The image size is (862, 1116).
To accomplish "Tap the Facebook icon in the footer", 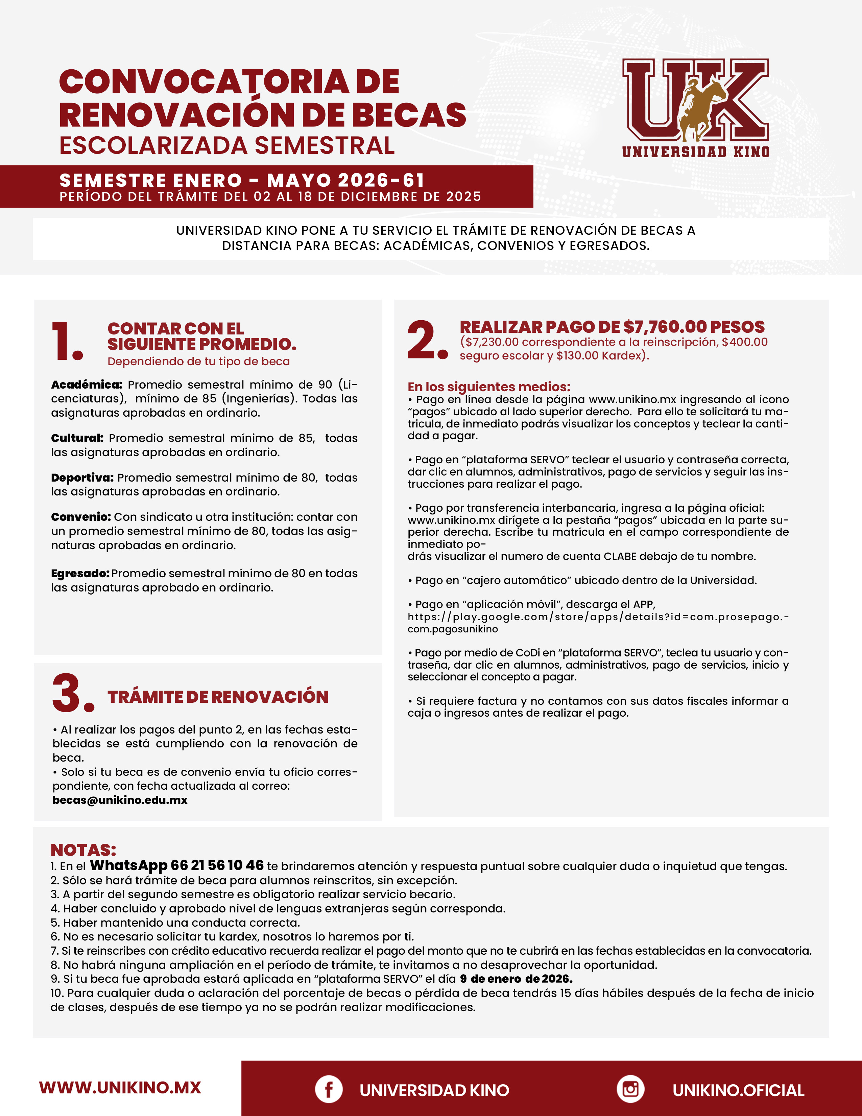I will [x=328, y=1089].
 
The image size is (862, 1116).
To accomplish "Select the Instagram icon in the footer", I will [x=630, y=1089].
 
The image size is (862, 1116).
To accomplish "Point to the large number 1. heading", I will [x=67, y=341].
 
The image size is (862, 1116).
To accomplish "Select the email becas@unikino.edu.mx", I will [x=120, y=800].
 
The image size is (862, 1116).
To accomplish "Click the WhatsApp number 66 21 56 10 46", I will [x=217, y=865].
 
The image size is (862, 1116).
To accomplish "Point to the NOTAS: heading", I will [x=83, y=850].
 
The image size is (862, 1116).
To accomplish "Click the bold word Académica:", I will [x=86, y=384].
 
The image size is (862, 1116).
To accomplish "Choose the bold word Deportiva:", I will [x=82, y=477].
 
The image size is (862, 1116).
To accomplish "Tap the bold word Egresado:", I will [x=80, y=573].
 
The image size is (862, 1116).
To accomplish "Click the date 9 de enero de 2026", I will [x=516, y=979].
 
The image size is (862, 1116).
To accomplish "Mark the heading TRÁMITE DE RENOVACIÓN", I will [x=218, y=696].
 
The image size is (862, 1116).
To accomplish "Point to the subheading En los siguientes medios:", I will [x=489, y=387].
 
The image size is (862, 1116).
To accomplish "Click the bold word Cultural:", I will [x=77, y=438].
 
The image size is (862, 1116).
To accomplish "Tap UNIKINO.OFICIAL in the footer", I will [x=738, y=1090].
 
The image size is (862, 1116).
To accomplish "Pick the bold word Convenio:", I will [x=81, y=517].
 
